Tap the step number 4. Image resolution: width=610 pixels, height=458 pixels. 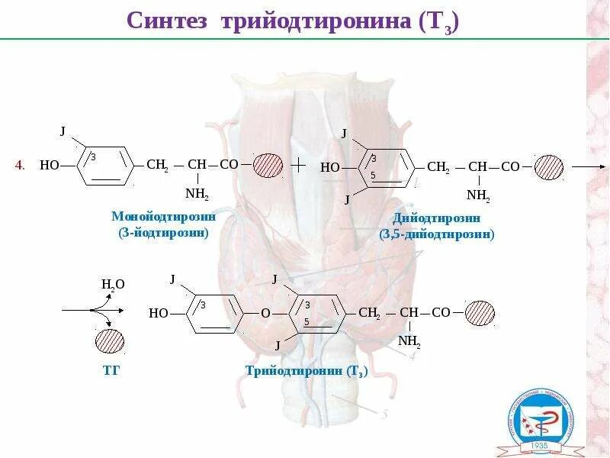tap(21, 165)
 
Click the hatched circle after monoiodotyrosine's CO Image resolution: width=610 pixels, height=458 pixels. tap(268, 165)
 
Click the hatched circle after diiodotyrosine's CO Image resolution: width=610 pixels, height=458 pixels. tap(549, 166)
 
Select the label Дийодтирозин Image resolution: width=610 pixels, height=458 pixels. tap(436, 219)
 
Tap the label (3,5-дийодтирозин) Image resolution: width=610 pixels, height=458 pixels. tap(436, 234)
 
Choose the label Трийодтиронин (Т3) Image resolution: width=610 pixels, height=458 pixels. tap(307, 372)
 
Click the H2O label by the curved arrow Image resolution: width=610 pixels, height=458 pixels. tap(113, 285)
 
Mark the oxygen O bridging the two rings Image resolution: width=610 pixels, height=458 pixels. tap(265, 313)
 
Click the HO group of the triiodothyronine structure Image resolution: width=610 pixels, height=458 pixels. tap(159, 313)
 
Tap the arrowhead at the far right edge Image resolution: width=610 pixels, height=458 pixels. tap(602, 166)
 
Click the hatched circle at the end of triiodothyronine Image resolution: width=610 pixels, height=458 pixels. tap(480, 313)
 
